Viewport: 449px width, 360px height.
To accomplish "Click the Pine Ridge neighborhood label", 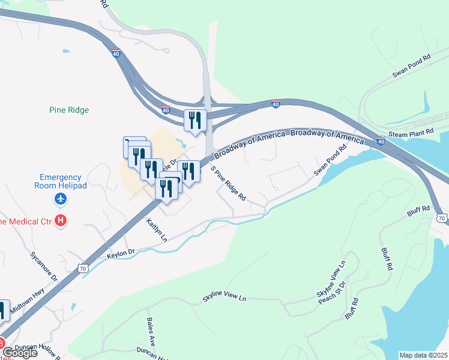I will [68, 110].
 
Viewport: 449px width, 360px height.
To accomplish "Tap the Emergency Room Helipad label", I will [63, 181].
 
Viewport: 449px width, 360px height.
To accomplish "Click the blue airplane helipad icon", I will [60, 199].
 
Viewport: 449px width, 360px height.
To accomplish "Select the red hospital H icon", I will [60, 220].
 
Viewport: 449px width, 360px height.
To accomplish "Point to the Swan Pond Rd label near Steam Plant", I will [412, 67].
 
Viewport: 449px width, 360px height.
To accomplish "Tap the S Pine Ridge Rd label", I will [229, 184].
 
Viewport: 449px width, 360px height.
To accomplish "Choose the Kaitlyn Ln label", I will [156, 230].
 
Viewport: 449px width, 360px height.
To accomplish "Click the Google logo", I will [19, 352].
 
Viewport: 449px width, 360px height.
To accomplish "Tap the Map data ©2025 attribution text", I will [423, 355].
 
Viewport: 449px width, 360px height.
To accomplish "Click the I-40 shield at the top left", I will [116, 53].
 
